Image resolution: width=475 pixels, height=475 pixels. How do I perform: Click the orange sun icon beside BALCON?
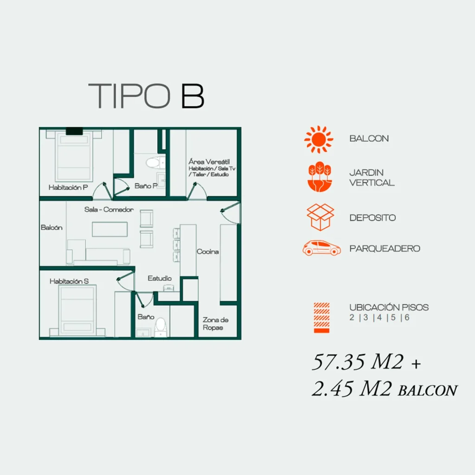tap(319, 139)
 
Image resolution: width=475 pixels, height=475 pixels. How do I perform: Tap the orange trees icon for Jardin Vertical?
tap(320, 177)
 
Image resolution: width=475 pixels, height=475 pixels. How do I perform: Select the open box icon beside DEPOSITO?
tap(320, 217)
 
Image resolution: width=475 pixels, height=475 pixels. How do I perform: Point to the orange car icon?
tap(321, 248)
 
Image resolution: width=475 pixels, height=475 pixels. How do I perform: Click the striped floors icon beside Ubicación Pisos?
tap(321, 318)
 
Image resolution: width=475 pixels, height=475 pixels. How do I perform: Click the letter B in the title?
tap(193, 96)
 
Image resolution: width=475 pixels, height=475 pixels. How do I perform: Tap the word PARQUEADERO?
tap(385, 249)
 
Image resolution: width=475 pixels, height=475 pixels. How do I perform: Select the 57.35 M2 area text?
tap(358, 362)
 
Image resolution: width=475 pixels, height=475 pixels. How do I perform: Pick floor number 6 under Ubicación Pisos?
tap(407, 317)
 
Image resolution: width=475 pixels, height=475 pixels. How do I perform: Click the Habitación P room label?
tap(68, 187)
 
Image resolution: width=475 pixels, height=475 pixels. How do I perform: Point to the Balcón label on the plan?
tap(51, 227)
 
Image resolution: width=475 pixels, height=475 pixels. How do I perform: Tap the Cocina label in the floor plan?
tap(207, 251)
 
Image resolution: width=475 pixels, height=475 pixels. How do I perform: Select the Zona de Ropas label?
tap(215, 323)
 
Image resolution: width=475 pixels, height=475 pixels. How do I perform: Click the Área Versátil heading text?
tap(209, 161)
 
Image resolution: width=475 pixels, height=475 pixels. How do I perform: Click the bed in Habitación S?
tap(77, 310)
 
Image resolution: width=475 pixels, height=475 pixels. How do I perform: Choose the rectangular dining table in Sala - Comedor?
tap(109, 229)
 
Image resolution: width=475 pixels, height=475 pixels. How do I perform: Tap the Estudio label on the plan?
tap(160, 278)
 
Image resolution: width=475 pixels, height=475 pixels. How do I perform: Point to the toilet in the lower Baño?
tap(160, 327)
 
